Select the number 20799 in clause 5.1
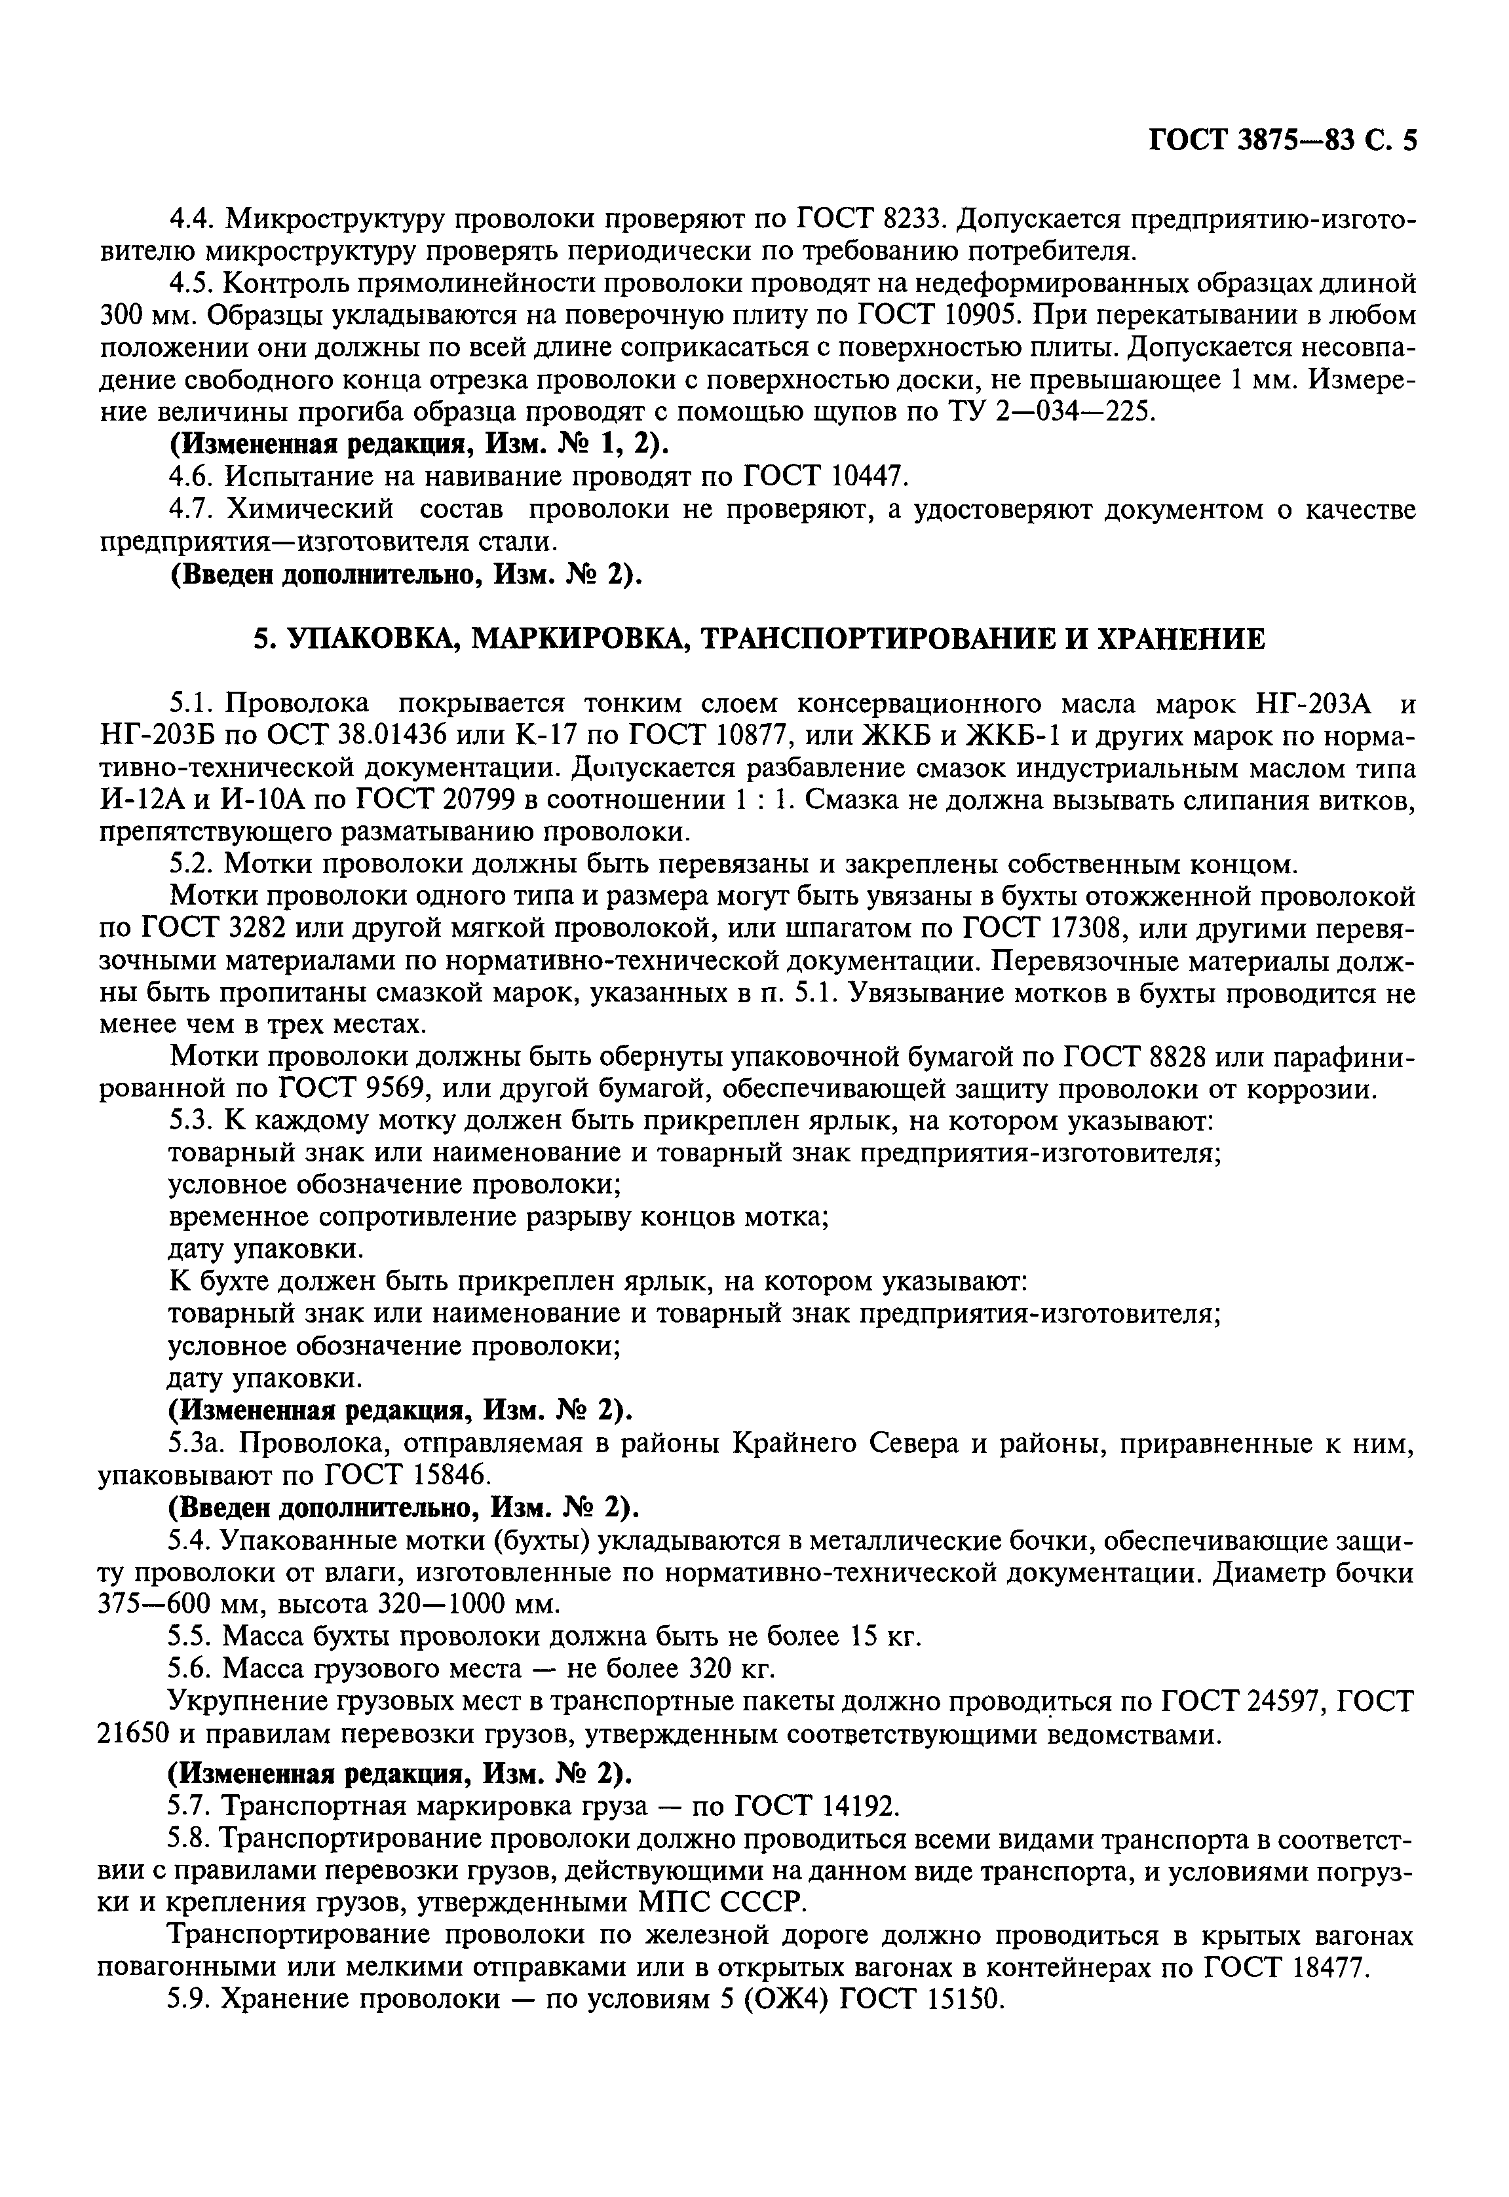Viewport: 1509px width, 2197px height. [x=472, y=802]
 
